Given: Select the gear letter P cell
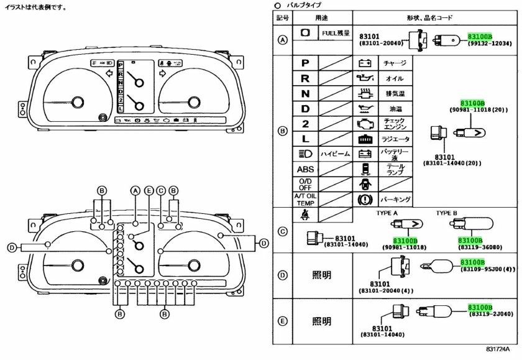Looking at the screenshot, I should click(304, 63).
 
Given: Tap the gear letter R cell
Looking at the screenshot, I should click(304, 78).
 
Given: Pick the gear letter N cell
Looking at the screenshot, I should click(304, 94).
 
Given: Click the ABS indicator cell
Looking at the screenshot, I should click(305, 169).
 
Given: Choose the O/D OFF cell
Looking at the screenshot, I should click(305, 184).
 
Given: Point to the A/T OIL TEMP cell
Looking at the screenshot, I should click(305, 199).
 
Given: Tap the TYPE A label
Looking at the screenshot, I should click(388, 213).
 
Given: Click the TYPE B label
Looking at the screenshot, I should click(446, 213).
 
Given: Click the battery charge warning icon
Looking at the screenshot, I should click(365, 63).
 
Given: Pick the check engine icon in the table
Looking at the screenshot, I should click(365, 124).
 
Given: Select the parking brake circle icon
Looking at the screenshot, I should click(365, 200).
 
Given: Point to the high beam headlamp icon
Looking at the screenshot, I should click(305, 154).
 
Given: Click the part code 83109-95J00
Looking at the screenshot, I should click(487, 269).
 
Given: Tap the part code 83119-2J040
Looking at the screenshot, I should click(487, 314).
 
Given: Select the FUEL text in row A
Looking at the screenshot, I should click(329, 33).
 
